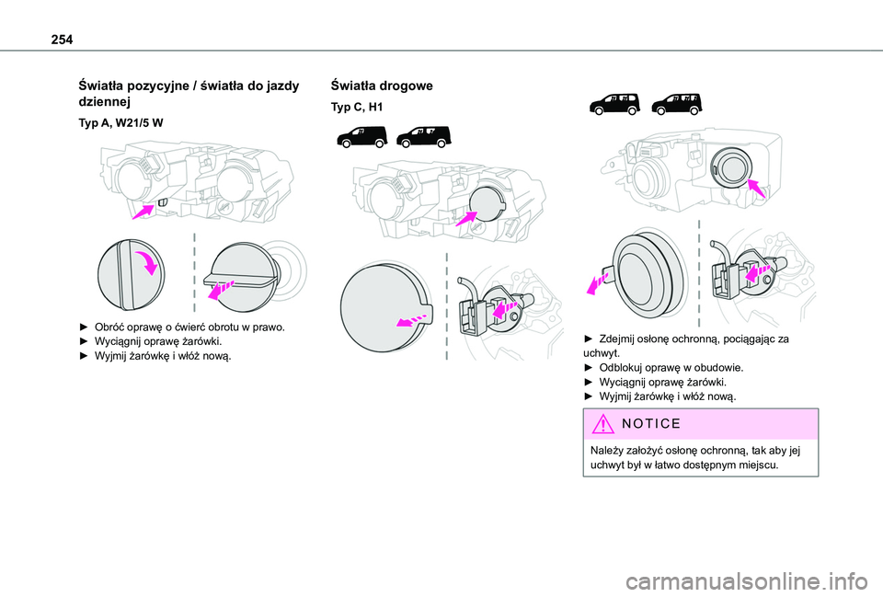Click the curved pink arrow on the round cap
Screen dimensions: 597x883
[146, 263]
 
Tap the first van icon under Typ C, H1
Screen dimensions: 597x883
[361, 139]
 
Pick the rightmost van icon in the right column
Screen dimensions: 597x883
[675, 103]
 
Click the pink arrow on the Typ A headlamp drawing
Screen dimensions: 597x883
[143, 212]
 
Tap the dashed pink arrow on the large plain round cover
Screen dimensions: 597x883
[410, 318]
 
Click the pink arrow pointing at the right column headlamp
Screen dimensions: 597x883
[756, 189]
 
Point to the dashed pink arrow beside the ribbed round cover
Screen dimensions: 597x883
[600, 279]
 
